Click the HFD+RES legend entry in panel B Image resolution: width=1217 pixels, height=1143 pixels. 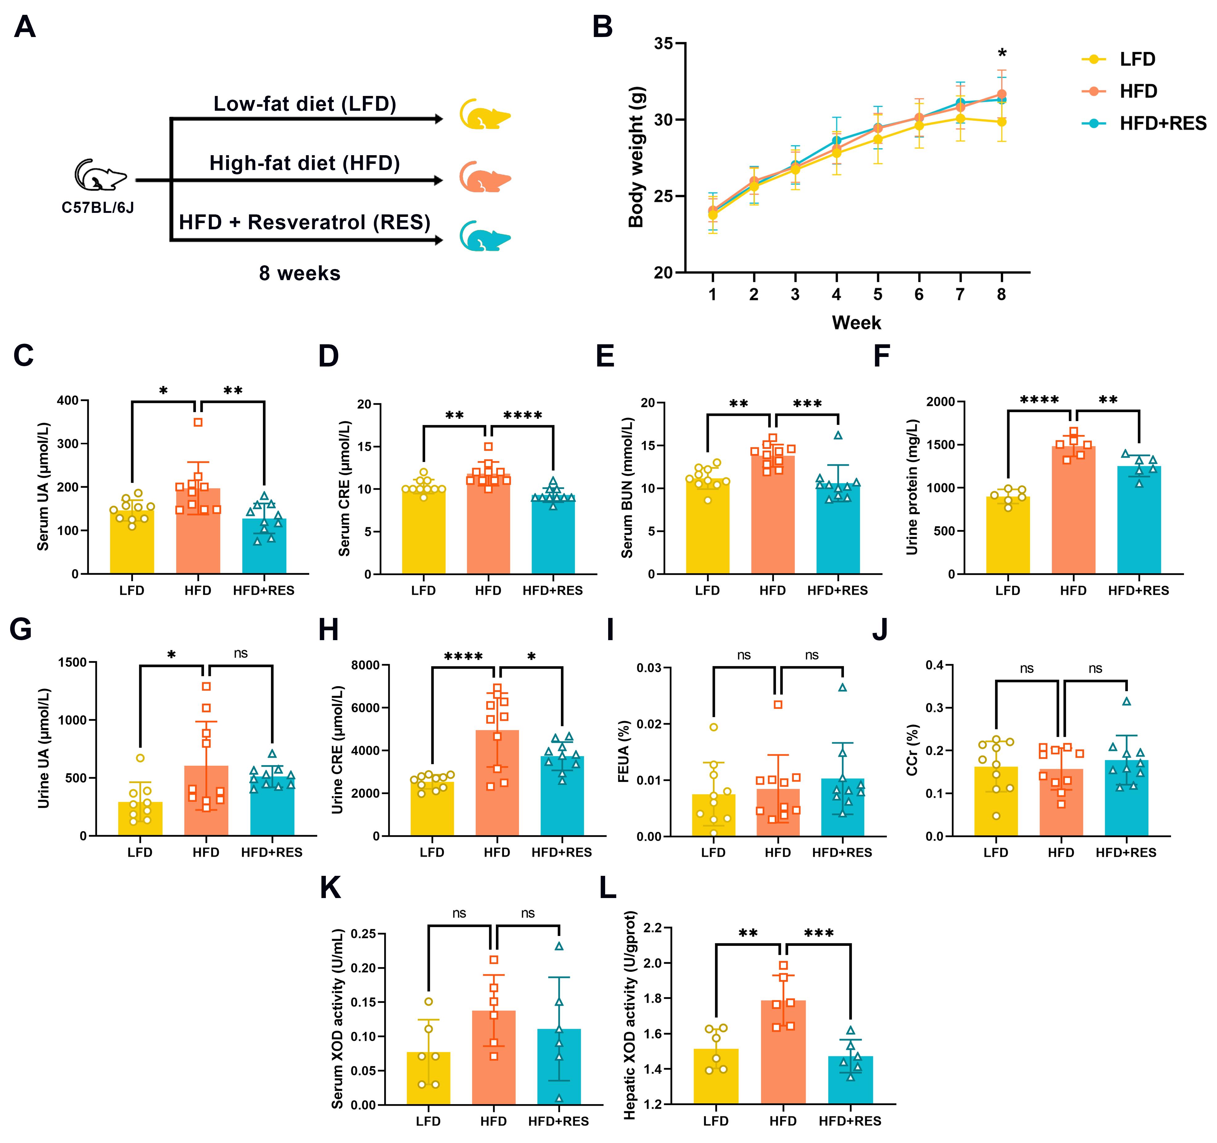(x=1162, y=124)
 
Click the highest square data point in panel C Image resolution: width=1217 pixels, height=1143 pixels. (x=198, y=422)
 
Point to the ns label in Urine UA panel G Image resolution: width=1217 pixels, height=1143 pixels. (x=241, y=653)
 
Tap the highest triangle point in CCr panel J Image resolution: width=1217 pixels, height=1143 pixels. (x=1126, y=701)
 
